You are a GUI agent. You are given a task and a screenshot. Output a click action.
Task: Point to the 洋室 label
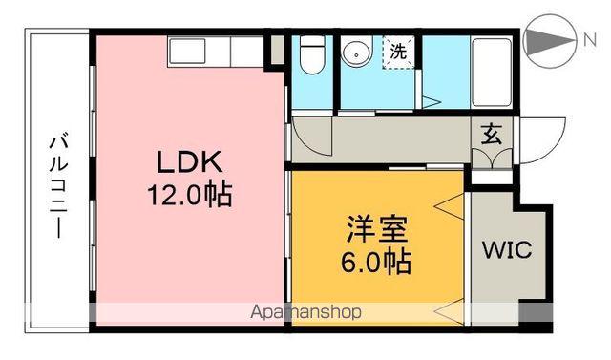click(377, 229)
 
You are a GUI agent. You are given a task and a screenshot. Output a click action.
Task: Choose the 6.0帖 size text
click(377, 260)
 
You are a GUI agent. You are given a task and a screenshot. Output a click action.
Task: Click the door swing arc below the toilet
click(311, 132)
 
